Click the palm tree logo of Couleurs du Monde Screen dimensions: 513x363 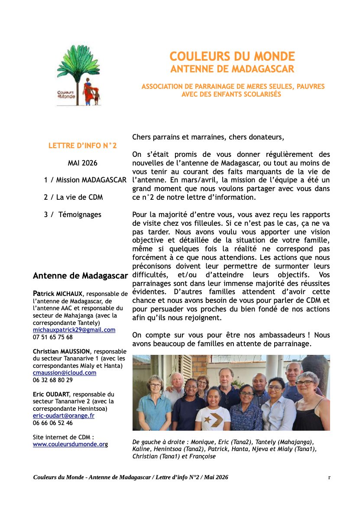(78, 75)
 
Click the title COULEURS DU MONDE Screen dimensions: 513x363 (232, 56)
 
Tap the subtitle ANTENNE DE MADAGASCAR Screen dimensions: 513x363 (232, 69)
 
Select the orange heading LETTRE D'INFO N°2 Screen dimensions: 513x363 (83, 146)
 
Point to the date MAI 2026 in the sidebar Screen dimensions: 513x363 (83, 163)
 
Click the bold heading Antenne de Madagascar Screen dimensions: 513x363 (80, 276)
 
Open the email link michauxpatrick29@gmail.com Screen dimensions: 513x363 (74, 330)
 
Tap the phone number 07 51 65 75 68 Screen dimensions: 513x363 (53, 337)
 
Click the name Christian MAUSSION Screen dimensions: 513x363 (62, 351)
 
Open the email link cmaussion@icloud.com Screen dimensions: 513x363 (65, 373)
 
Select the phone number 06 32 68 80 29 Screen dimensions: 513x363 (53, 380)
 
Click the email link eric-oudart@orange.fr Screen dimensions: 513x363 (64, 416)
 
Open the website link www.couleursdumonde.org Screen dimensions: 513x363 (70, 444)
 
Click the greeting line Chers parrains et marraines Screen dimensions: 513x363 (208, 137)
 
